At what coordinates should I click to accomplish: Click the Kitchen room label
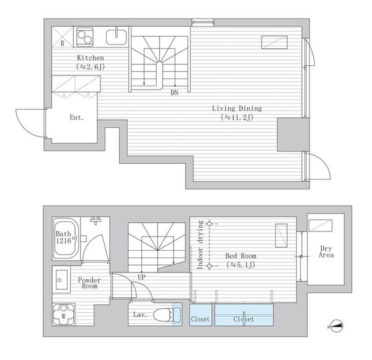click(x=91, y=58)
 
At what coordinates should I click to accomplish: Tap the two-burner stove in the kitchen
click(x=85, y=37)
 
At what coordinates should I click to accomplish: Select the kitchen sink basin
click(x=117, y=37)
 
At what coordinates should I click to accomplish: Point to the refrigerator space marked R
click(x=63, y=37)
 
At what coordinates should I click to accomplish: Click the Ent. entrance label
click(x=77, y=117)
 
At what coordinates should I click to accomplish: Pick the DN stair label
click(x=174, y=92)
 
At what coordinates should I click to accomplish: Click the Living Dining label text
click(x=237, y=109)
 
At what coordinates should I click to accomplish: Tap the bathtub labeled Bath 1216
click(x=66, y=238)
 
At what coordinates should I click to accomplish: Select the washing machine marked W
click(x=64, y=315)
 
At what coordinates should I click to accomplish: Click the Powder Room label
click(x=89, y=283)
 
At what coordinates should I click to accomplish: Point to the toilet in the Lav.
click(x=167, y=315)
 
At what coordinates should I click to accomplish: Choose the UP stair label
click(x=141, y=277)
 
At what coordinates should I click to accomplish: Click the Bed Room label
click(x=241, y=256)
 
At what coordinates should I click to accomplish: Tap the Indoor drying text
click(x=200, y=245)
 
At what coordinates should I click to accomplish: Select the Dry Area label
click(x=326, y=252)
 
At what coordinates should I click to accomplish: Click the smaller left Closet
click(x=200, y=315)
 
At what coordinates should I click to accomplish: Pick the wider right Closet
click(x=244, y=315)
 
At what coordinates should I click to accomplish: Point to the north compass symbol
click(x=335, y=326)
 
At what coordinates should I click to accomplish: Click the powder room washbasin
click(x=61, y=280)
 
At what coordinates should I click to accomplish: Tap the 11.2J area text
click(x=237, y=117)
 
